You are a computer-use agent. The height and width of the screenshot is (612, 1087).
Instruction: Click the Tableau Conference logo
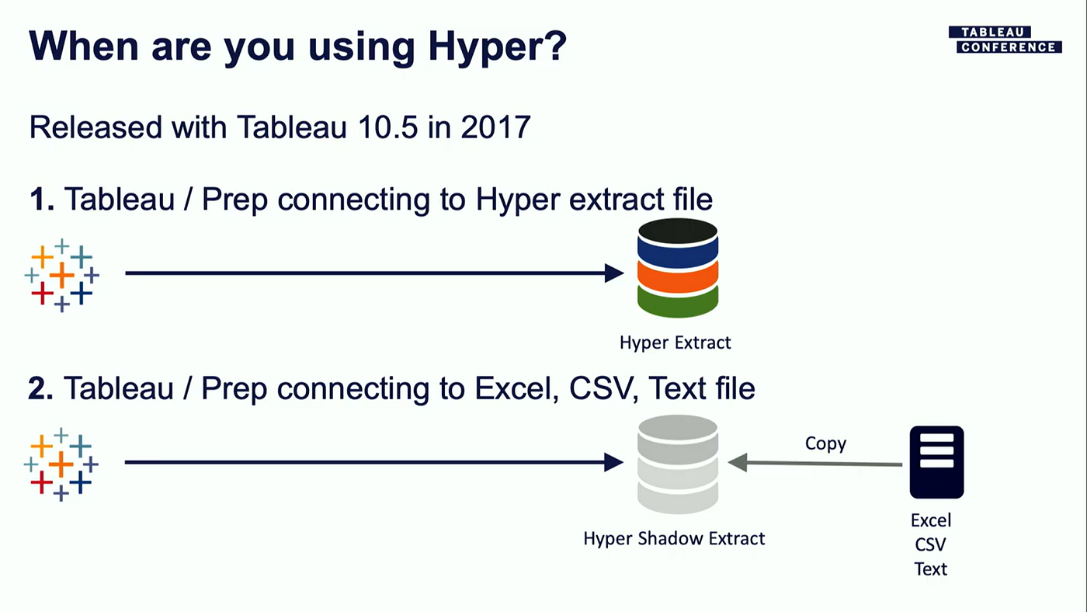point(1004,40)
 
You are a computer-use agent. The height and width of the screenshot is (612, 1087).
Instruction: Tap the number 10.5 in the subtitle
point(377,127)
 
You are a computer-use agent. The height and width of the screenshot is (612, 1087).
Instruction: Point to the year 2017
point(495,127)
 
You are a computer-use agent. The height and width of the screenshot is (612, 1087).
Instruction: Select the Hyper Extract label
point(675,342)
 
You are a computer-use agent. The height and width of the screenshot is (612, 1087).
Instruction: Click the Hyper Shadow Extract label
point(674,538)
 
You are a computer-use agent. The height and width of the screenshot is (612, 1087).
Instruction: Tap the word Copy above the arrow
point(825,443)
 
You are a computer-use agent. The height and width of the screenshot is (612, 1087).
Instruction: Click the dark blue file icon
point(936,462)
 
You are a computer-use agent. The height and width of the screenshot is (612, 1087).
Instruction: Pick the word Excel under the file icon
point(930,520)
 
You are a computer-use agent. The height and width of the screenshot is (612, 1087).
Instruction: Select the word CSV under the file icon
point(930,544)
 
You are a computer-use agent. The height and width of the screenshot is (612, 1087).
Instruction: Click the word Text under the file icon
point(930,569)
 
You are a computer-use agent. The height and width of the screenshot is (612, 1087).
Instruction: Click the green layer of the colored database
point(677,301)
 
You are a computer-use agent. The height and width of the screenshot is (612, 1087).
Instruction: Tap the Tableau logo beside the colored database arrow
point(62,274)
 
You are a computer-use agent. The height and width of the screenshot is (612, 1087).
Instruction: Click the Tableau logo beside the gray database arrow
point(61,464)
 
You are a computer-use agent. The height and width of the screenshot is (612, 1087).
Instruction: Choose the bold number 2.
point(40,388)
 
